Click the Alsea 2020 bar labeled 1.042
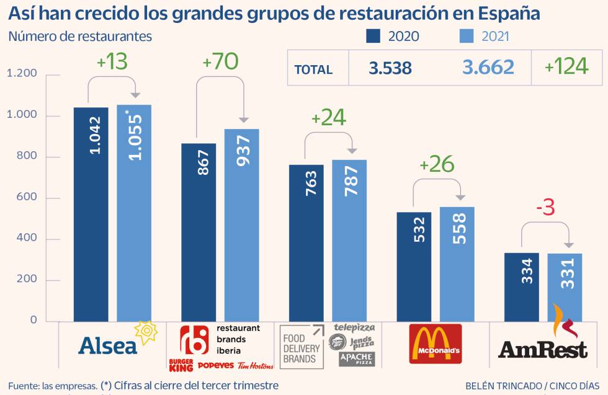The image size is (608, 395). pyautogui.click(x=91, y=214)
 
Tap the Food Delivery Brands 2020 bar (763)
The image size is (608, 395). pyautogui.click(x=306, y=242)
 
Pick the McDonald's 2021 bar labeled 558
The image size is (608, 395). pyautogui.click(x=456, y=264)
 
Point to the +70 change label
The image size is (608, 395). pyautogui.click(x=220, y=62)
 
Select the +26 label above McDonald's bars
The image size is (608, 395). pyautogui.click(x=437, y=164)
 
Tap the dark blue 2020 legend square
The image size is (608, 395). pyautogui.click(x=373, y=36)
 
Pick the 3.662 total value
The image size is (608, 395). pyautogui.click(x=488, y=68)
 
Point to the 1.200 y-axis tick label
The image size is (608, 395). pyautogui.click(x=22, y=74)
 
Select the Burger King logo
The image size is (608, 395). pyautogui.click(x=181, y=366)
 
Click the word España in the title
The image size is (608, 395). pyautogui.click(x=500, y=13)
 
